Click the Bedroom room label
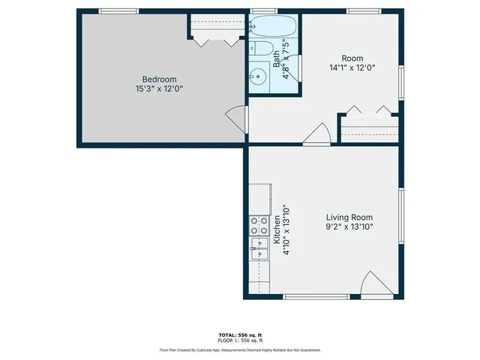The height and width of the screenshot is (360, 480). point(159,79)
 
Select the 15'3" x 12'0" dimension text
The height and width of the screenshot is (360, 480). point(159,88)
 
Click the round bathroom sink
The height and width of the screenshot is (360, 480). point(259,75)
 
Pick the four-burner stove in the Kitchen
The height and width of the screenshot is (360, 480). point(259,225)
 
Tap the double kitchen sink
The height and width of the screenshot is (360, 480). point(259,247)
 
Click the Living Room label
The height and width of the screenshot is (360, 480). point(349,217)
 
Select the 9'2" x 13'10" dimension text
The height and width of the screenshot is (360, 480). point(349,226)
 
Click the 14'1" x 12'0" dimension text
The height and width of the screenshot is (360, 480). point(352,67)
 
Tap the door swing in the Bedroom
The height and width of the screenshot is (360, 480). point(236,118)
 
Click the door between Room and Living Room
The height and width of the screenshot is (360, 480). point(317,134)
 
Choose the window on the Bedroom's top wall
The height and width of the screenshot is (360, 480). point(118,10)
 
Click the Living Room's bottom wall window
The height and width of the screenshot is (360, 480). point(316,297)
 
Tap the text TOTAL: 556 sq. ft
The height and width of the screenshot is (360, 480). point(239,334)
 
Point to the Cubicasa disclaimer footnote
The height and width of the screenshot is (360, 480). point(239,349)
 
